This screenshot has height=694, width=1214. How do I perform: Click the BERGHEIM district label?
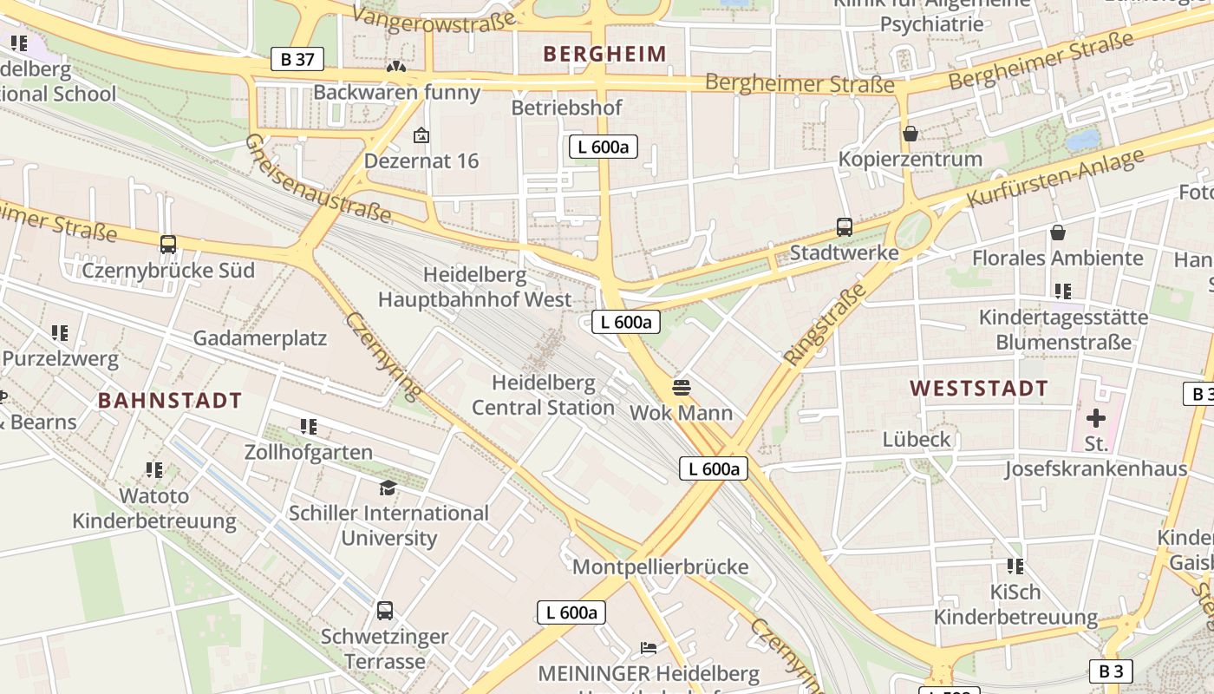pos(604,54)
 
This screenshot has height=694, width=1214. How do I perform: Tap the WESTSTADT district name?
pos(979,389)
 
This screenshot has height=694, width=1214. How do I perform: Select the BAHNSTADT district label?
pos(170,401)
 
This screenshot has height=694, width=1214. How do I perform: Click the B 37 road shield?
pos(297,59)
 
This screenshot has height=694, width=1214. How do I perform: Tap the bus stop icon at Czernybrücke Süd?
pos(168,245)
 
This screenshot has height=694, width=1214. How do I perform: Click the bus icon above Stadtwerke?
pos(845,227)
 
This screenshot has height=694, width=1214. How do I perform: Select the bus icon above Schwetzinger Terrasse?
pos(385,611)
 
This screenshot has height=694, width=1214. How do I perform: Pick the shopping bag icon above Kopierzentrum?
pos(910,134)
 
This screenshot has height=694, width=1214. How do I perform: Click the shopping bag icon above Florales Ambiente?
pos(1058,232)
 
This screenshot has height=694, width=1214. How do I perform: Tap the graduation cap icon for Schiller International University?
pos(388,488)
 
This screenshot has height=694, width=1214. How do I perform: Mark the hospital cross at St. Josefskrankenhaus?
pos(1096,418)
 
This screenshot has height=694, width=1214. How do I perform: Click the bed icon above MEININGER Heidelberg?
pos(648,648)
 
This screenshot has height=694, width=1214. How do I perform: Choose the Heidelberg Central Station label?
pos(544,395)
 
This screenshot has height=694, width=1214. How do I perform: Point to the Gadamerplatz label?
pos(259,338)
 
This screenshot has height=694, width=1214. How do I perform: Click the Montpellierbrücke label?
pos(660,567)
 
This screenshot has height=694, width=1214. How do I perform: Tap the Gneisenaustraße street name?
pos(317,178)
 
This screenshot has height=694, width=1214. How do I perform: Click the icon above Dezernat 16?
pos(421,135)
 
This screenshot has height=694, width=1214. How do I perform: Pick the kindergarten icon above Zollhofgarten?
pos(309,427)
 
